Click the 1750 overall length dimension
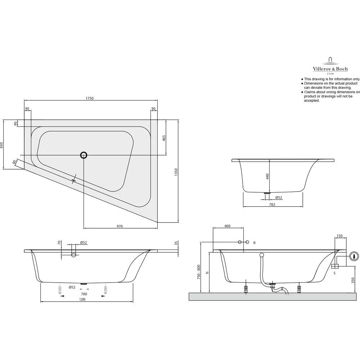tap(90, 98)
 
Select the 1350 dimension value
tap(176, 171)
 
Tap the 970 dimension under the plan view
tap(120, 226)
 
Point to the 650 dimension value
tap(1, 145)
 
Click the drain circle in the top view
tap(84, 155)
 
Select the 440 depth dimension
tap(267, 176)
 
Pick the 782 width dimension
tap(272, 204)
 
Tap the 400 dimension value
tap(228, 226)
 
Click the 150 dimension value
tap(339, 236)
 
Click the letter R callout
tap(254, 243)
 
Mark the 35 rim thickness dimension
tap(176, 243)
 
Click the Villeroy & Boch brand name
tap(330, 69)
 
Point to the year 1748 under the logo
tap(330, 74)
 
